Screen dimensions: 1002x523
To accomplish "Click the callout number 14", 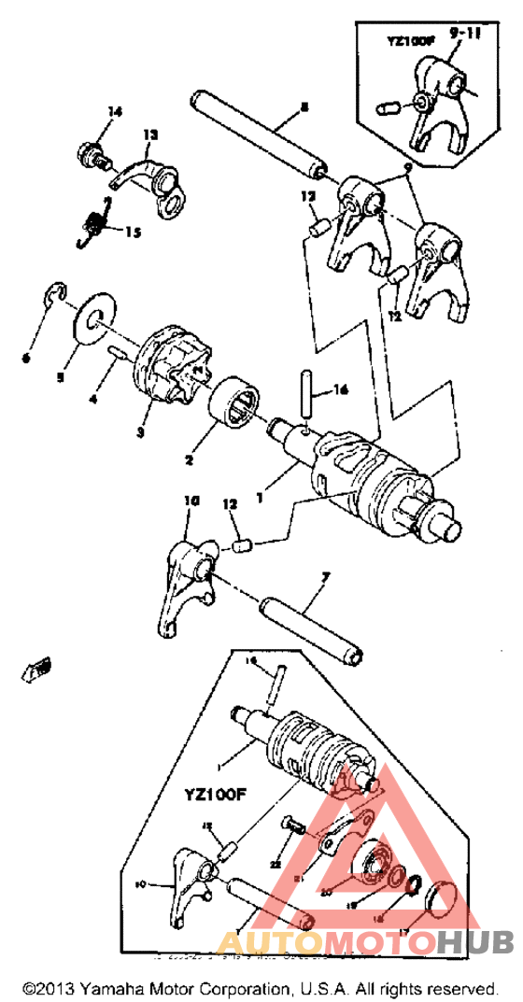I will [x=114, y=112].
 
